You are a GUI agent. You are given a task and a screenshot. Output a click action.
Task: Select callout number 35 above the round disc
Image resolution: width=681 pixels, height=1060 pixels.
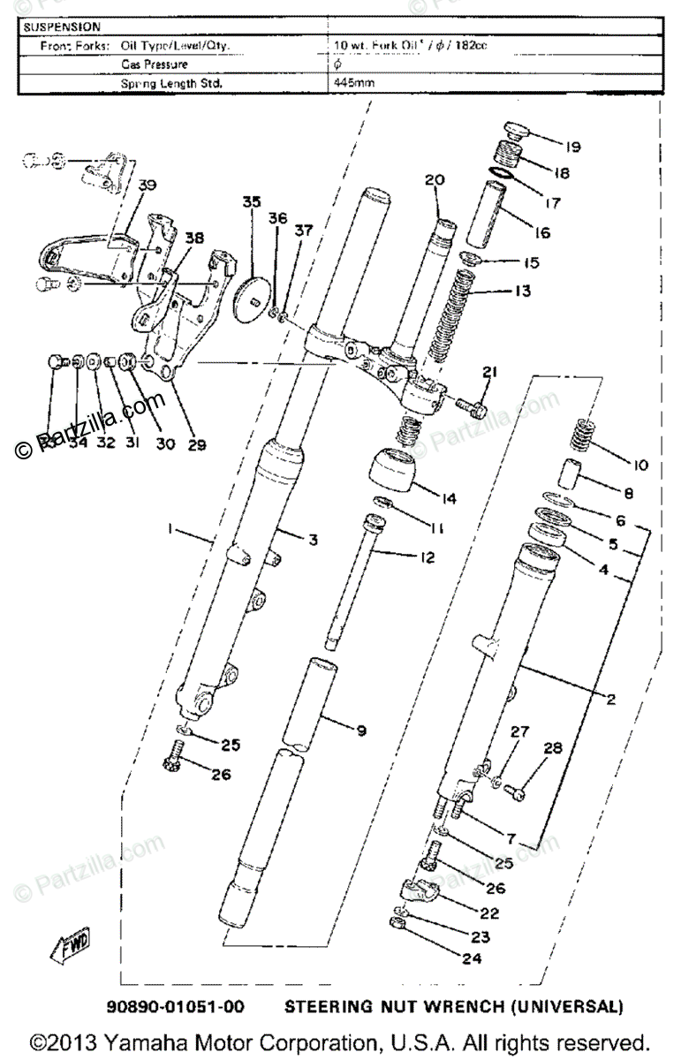252,202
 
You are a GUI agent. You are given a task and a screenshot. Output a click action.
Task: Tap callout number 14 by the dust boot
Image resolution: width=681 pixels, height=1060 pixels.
449,499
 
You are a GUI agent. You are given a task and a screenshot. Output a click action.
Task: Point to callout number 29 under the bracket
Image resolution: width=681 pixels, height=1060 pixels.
196,444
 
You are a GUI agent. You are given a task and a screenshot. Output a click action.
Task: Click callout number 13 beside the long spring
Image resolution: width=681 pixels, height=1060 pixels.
523,291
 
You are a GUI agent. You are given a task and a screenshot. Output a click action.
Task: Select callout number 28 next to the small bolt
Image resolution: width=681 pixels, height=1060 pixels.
552,749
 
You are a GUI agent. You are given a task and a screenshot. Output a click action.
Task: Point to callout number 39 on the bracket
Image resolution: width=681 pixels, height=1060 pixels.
147,185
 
